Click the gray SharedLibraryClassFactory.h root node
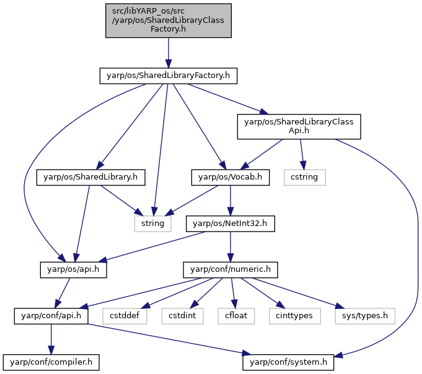[x=168, y=20]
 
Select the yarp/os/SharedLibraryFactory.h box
[x=168, y=76]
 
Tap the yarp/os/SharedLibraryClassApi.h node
[x=299, y=127]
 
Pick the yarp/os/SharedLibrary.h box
[x=90, y=177]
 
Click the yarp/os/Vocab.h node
[x=230, y=177]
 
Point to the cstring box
[x=305, y=177]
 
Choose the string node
[x=152, y=224]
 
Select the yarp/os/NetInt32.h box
[x=230, y=224]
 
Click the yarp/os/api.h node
[x=73, y=270]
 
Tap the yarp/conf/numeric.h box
[x=231, y=270]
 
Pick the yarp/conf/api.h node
[x=51, y=316]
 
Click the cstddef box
[x=125, y=316]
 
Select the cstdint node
[x=182, y=316]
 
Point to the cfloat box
[x=236, y=316]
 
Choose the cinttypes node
[x=295, y=316]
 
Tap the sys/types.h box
[x=365, y=316]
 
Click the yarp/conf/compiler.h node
[x=51, y=362]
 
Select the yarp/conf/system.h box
[x=288, y=362]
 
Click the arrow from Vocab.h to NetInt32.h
[x=231, y=201]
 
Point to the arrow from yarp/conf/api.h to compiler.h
[x=51, y=339]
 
